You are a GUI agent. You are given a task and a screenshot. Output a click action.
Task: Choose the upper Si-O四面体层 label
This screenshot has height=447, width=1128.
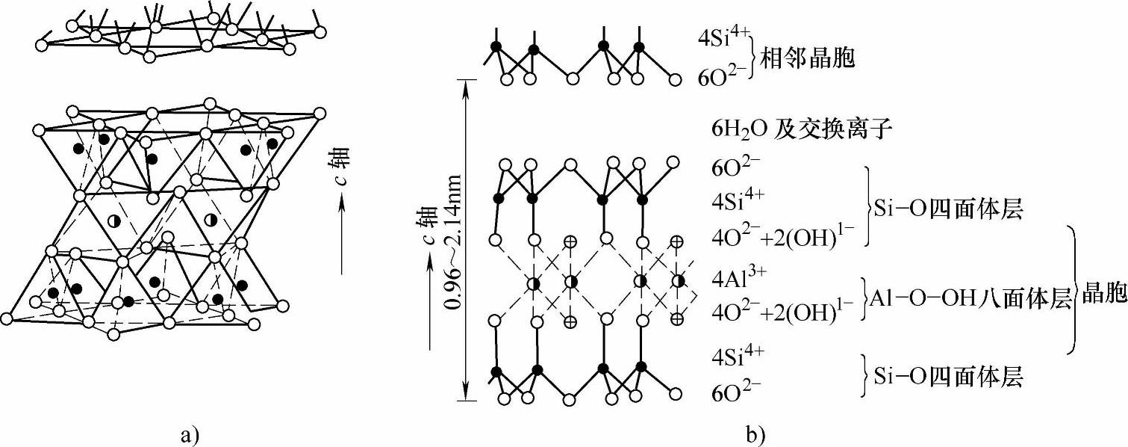(948, 211)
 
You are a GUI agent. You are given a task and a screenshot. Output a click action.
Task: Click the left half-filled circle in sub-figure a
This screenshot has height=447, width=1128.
(113, 221)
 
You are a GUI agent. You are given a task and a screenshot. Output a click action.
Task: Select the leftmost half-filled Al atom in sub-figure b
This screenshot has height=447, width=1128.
(534, 283)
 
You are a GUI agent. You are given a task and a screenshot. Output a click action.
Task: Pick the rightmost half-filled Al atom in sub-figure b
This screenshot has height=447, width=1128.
(678, 282)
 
